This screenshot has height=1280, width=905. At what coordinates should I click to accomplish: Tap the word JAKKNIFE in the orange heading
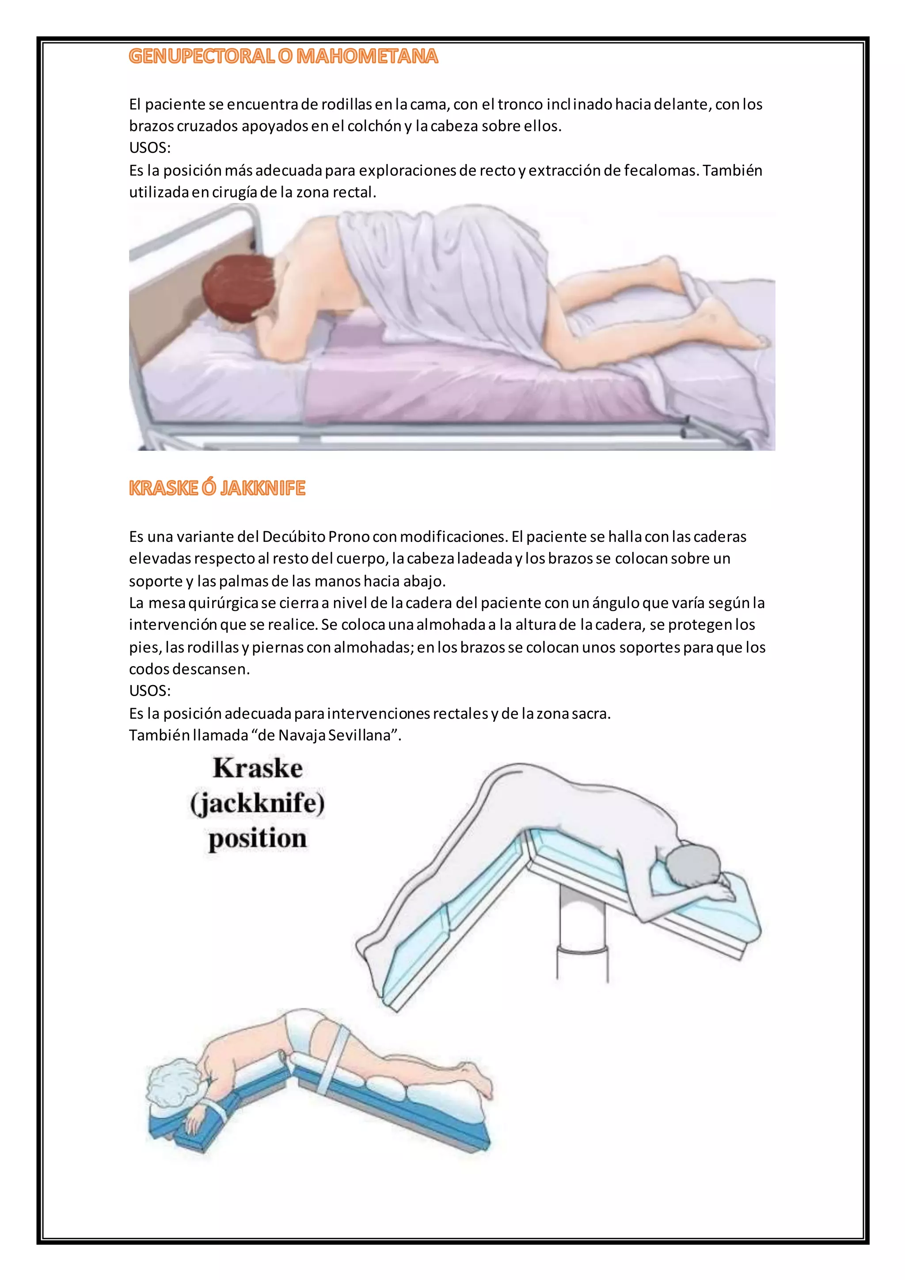click(262, 488)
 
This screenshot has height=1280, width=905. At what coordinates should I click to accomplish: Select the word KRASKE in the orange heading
click(163, 488)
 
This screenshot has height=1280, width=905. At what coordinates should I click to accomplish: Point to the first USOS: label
click(150, 148)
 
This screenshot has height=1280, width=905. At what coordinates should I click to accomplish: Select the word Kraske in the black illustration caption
click(258, 768)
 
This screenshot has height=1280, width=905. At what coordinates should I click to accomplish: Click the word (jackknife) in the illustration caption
click(258, 804)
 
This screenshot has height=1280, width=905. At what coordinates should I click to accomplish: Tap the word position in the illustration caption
click(258, 838)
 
